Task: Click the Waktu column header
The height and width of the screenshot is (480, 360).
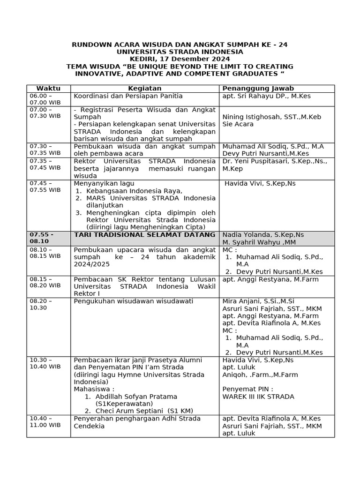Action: coord(48,89)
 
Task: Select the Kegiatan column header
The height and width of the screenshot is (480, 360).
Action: coord(145,89)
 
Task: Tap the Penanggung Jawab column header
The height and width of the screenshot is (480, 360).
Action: coord(258,89)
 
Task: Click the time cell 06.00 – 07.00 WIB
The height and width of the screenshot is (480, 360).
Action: coord(45,99)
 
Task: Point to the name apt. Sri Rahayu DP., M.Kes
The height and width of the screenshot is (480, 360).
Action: coord(267,96)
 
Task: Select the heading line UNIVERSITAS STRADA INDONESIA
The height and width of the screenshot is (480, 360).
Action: coord(180,52)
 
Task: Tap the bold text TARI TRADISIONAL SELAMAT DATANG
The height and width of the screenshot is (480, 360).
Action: coord(145,235)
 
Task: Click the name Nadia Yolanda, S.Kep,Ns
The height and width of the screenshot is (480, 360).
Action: coord(263,235)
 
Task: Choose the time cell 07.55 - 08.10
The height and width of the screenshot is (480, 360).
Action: coord(42,238)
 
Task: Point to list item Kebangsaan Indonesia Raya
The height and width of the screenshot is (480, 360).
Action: coord(134,191)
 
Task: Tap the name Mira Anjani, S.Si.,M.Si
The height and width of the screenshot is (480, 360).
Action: coord(258,301)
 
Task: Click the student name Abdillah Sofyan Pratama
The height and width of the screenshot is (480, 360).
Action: coord(136,397)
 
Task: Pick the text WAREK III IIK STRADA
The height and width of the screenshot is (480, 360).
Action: coord(258,397)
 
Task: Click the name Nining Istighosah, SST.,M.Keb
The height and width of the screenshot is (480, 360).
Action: coord(272,117)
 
